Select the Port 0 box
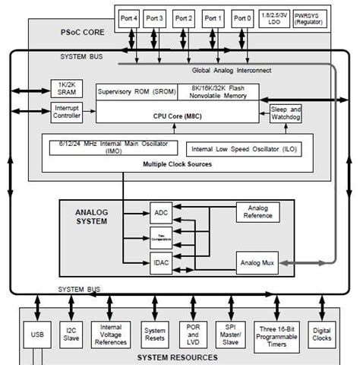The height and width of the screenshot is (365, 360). point(243,17)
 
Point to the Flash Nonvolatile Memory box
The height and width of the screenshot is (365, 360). point(220,92)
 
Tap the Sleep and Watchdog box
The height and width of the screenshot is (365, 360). point(286,113)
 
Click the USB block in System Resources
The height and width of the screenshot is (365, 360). point(37,332)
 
